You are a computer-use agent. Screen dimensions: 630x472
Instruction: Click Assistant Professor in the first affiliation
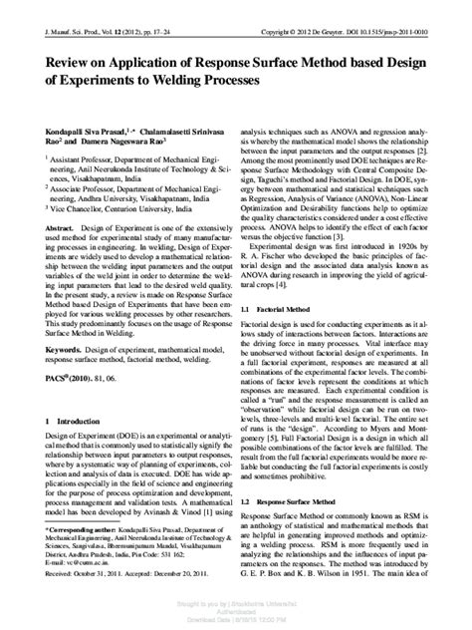80,159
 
